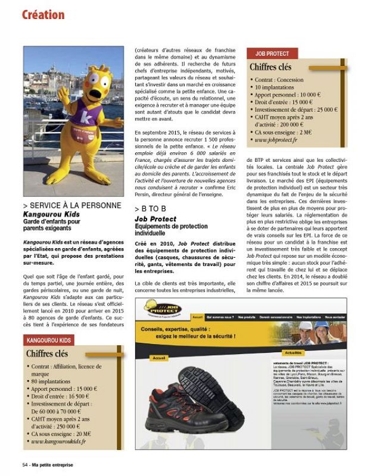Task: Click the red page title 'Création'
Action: (x=42, y=14)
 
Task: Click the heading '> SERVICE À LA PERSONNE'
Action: (x=71, y=205)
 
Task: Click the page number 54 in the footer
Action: (x=24, y=465)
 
